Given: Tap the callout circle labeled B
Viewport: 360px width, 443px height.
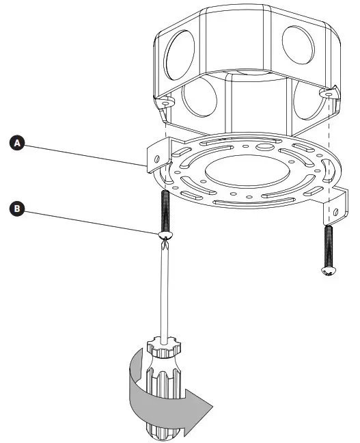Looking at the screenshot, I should pyautogui.click(x=16, y=209).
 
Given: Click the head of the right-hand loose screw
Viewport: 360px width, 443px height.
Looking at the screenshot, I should pyautogui.click(x=327, y=271).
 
